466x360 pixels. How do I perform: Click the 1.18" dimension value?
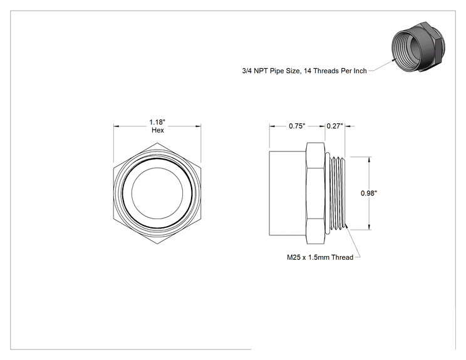pos(157,122)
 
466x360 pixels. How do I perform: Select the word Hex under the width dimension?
pos(157,130)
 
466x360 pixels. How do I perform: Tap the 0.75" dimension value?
pos(297,126)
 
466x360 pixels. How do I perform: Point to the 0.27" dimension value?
pos(335,126)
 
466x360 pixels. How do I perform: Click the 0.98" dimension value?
pos(369,193)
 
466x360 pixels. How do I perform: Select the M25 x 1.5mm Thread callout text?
pos(320,257)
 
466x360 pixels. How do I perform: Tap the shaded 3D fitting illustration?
pos(418,46)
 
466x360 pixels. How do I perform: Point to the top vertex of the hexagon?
pos(157,143)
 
